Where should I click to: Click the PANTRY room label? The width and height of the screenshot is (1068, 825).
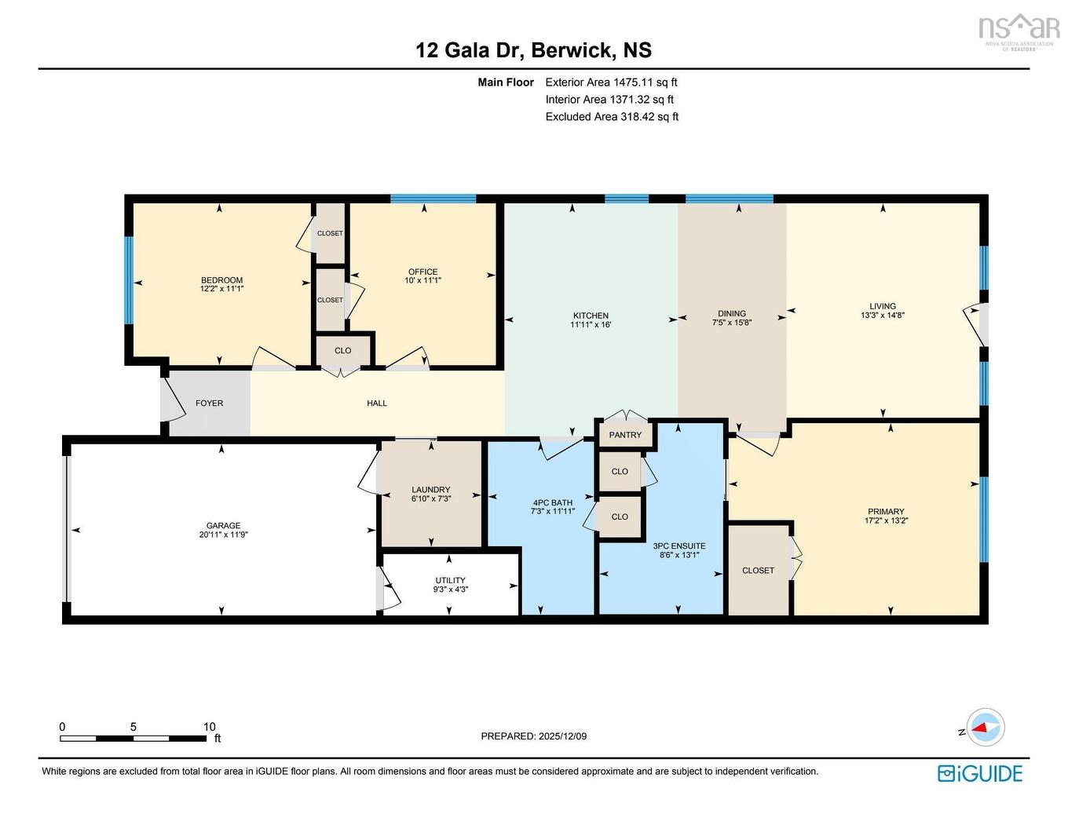[625, 435]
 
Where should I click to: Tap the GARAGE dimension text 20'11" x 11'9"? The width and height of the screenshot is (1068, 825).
[223, 535]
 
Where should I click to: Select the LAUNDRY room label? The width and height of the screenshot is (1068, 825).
[430, 489]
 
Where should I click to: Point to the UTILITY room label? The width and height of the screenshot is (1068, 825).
[450, 580]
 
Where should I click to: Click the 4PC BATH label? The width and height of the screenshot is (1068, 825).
[552, 502]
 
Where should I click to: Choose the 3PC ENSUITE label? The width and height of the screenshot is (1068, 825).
[678, 546]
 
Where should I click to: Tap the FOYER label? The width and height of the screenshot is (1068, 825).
[209, 403]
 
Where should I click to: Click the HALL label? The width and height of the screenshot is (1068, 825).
[377, 403]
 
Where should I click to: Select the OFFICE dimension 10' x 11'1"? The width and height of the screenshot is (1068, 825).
[422, 280]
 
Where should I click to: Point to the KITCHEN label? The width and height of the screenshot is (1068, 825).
[591, 316]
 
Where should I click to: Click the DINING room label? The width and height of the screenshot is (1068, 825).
[731, 313]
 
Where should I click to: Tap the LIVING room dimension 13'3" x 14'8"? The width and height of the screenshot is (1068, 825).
[883, 315]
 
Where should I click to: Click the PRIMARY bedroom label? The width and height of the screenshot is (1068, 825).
[886, 512]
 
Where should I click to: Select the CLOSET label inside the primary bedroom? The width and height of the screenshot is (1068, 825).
[758, 571]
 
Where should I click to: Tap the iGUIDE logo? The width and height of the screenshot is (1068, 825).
[980, 773]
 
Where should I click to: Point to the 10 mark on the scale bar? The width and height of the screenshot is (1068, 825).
[209, 727]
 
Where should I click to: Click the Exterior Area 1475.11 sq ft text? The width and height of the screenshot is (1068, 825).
[611, 82]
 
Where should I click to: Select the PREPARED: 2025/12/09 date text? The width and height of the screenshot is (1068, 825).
[533, 736]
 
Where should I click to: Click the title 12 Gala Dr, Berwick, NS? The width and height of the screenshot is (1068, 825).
[533, 50]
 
